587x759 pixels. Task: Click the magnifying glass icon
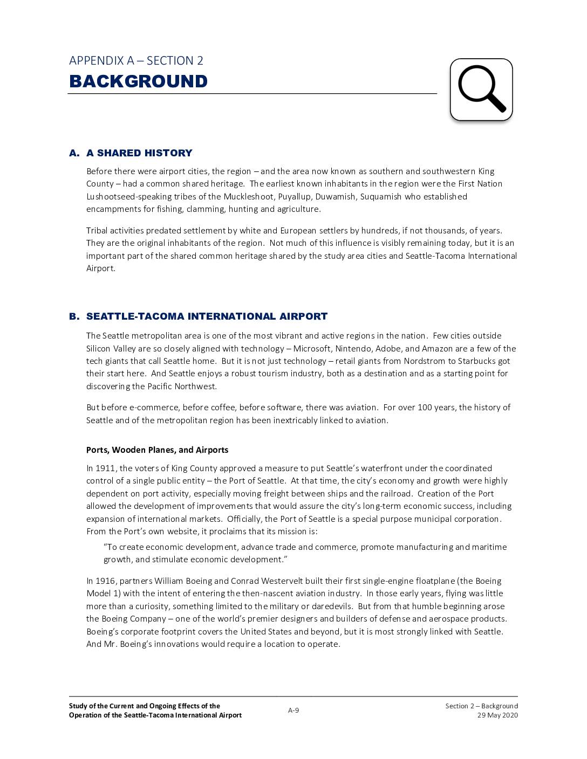(481, 89)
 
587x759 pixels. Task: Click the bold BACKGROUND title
(138, 81)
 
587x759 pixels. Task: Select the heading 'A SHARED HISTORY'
(139, 153)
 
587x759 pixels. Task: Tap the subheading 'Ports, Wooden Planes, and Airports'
(157, 450)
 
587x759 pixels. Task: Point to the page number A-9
(293, 710)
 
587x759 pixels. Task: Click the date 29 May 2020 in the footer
(497, 715)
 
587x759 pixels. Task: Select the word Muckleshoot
(249, 197)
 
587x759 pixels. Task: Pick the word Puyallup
(294, 197)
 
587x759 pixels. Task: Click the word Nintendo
(353, 349)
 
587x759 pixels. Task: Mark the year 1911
(105, 468)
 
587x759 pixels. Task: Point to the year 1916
(105, 581)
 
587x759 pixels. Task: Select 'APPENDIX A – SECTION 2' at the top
(136, 61)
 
